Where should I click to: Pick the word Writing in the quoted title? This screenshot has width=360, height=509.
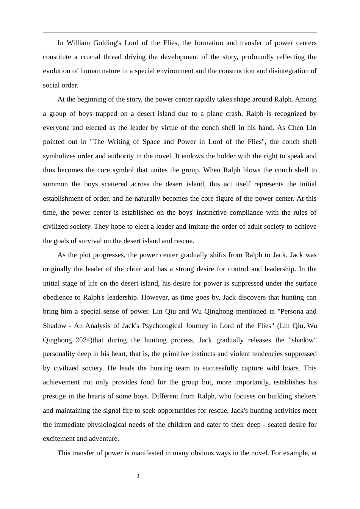[x=119, y=142]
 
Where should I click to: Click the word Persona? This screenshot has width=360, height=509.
[x=290, y=311]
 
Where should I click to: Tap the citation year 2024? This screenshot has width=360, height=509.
[x=83, y=340]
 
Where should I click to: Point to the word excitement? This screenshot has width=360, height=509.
[x=59, y=439]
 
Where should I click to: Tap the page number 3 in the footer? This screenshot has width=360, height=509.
[x=138, y=476]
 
